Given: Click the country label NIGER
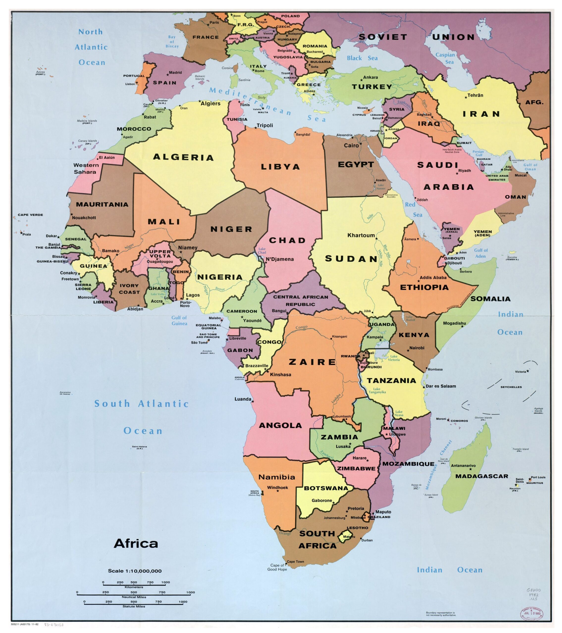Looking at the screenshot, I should (231, 229).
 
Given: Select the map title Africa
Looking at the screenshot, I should (136, 543).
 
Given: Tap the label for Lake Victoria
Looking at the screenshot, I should (394, 358).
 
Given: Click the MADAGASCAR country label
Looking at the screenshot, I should (481, 476).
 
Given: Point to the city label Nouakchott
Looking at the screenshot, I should (84, 218).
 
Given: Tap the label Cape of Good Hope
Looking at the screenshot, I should (277, 567).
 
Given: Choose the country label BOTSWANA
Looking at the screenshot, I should (326, 488).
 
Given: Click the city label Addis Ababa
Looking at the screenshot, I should (433, 277).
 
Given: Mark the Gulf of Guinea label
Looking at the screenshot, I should (179, 320).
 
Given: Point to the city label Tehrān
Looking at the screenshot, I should (475, 95).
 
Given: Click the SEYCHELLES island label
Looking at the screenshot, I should (511, 387).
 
